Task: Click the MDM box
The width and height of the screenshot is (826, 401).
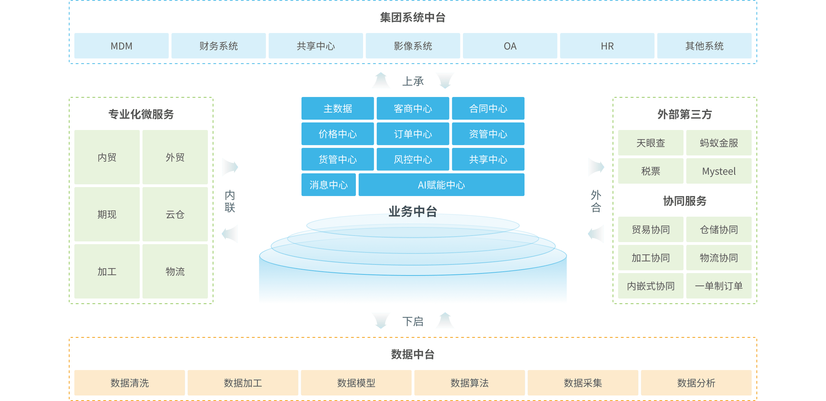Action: pos(121,46)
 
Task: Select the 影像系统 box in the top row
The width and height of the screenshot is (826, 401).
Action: pos(413,46)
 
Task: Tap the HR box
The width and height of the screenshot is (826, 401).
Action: pos(607,46)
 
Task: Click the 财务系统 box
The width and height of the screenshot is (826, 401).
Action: pos(219,46)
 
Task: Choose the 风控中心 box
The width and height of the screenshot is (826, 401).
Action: pos(413,159)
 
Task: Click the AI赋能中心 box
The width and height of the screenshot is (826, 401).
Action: pos(441,185)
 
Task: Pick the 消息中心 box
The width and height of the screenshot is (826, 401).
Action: pos(328,185)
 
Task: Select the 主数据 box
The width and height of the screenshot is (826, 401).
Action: pos(338,108)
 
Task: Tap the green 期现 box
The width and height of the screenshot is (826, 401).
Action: pos(107,214)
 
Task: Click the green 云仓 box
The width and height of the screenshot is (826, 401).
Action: pos(175,214)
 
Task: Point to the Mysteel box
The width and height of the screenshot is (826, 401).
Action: pos(719,171)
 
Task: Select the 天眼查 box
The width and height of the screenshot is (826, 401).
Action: pos(650,143)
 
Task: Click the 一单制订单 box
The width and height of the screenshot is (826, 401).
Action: pos(719,286)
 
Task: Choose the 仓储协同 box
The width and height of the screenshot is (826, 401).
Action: pos(719,229)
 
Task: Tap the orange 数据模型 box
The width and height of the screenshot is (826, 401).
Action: pos(356,383)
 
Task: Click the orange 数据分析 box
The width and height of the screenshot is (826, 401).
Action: pos(696,383)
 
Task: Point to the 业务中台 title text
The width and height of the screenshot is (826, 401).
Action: pos(413,211)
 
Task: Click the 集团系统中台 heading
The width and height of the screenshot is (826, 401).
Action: pos(413,17)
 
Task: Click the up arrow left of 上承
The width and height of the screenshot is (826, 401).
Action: pos(381,80)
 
